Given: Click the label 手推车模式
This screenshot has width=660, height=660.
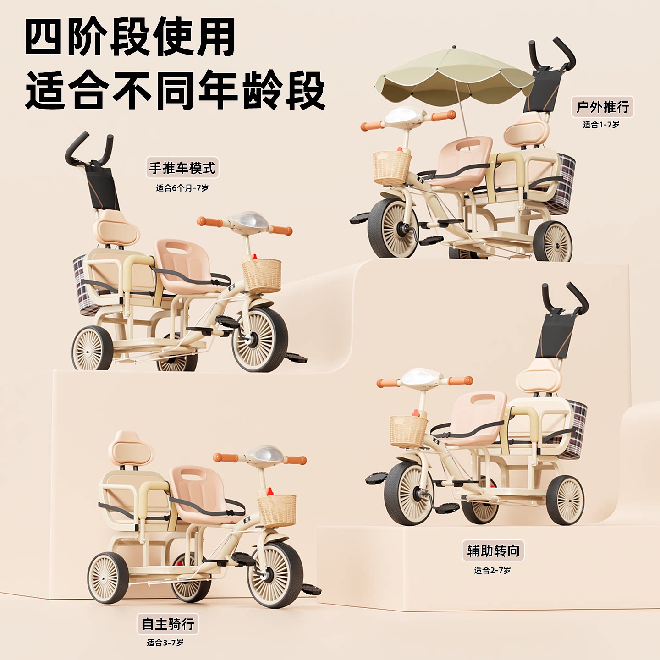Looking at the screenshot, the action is (x=182, y=168).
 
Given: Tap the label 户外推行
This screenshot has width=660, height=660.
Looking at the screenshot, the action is (x=602, y=107).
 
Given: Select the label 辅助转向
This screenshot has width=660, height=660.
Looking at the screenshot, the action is (x=493, y=550).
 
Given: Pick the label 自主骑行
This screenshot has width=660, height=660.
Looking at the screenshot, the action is (x=168, y=624).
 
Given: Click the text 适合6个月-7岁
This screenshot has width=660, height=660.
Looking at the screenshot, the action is (x=182, y=188).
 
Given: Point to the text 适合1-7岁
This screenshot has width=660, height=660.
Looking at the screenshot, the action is (x=601, y=125).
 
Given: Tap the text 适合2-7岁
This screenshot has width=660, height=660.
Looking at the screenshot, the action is (x=492, y=570).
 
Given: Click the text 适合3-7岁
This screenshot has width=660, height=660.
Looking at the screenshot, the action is (x=165, y=643).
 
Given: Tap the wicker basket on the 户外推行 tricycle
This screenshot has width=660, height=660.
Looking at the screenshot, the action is (x=392, y=168).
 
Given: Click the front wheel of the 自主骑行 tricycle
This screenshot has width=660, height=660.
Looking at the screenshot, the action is (x=275, y=575).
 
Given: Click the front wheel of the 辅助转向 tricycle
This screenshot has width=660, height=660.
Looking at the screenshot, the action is (x=409, y=493).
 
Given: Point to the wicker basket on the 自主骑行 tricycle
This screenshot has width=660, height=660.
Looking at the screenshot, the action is (x=277, y=510).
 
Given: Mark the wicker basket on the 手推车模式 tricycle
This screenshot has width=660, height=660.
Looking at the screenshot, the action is (x=262, y=275).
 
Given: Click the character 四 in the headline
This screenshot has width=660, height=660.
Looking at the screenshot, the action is (x=44, y=38).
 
